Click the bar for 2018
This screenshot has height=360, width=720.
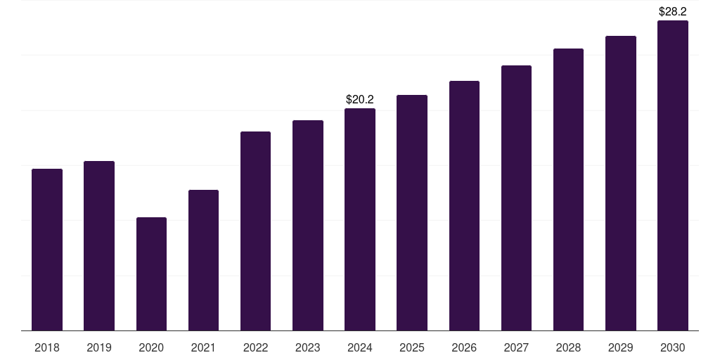(x=47, y=250)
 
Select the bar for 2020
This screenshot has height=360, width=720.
(x=151, y=274)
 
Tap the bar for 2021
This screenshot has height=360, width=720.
(x=203, y=260)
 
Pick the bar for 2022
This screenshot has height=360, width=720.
(x=255, y=231)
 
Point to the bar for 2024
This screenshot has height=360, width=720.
(x=360, y=219)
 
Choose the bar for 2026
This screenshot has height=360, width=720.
(x=464, y=205)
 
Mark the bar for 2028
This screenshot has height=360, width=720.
(x=568, y=189)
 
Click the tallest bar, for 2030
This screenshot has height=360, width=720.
(x=672, y=175)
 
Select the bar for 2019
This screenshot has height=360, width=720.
(x=99, y=245)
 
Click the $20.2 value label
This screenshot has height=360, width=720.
(x=360, y=100)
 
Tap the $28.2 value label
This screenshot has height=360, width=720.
(x=672, y=12)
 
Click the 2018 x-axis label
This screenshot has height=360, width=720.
(x=47, y=347)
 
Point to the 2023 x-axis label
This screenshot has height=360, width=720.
(x=308, y=347)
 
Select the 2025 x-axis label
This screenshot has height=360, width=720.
(x=412, y=347)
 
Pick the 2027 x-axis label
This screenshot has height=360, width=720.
(x=516, y=347)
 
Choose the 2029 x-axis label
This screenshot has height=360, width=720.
(x=620, y=347)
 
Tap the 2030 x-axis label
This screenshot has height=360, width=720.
(x=672, y=347)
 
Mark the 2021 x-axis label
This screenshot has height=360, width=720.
(x=203, y=347)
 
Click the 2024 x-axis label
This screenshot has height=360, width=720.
(x=360, y=347)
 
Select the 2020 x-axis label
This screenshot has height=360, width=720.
(x=151, y=347)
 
